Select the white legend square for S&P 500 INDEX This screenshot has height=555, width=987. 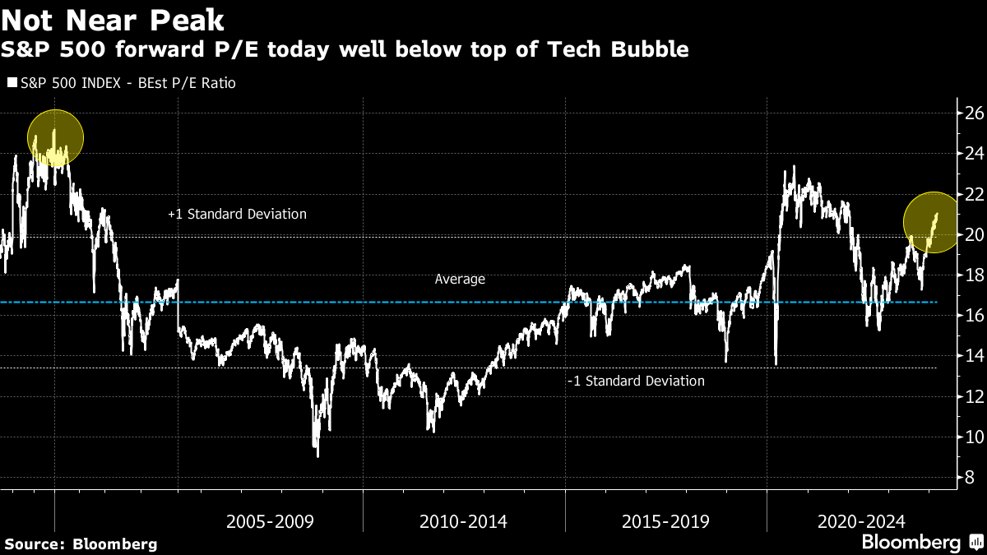click(11, 83)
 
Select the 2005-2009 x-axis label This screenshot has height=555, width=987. click(270, 521)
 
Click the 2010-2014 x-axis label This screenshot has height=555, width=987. click(463, 521)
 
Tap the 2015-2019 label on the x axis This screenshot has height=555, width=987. click(665, 521)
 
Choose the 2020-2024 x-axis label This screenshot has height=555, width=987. click(861, 521)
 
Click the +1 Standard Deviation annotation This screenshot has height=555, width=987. click(237, 214)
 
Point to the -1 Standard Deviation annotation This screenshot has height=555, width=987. click(636, 381)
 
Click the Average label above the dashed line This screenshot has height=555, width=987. click(460, 280)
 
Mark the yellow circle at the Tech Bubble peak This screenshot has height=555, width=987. click(55, 137)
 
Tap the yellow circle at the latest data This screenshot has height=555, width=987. click(932, 221)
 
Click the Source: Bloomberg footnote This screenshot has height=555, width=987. click(81, 543)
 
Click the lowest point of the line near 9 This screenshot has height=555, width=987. click(317, 456)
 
